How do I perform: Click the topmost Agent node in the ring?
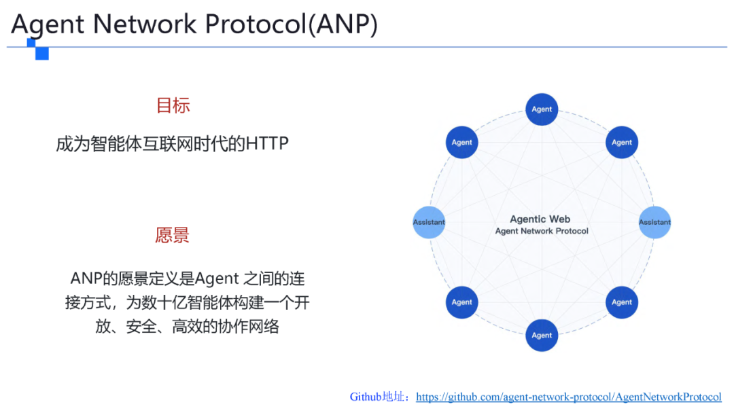542,109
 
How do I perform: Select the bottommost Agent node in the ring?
542,335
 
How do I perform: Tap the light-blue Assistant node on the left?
429,222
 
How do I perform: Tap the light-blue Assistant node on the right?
654,222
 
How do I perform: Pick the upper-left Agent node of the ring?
462,143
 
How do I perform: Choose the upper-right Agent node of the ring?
621,143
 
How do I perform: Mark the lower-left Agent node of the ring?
462,302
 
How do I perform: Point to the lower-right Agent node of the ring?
621,302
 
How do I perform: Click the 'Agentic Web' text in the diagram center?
540,219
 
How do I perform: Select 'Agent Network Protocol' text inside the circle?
542,231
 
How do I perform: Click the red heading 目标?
173,105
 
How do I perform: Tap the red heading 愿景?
173,235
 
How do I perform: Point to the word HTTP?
267,144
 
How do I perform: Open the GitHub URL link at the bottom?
568,397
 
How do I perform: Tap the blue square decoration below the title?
41,52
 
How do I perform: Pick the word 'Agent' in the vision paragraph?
217,279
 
